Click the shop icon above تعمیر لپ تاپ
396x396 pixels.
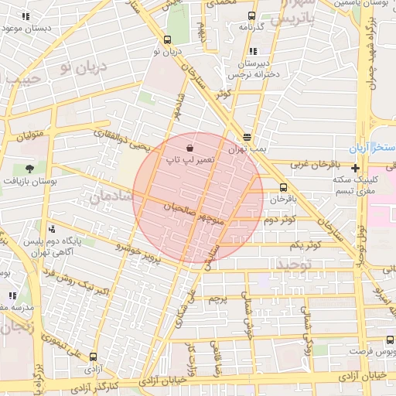pos(190,147)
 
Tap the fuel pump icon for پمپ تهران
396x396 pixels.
pos(247,134)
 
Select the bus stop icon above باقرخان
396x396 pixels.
pos(282,186)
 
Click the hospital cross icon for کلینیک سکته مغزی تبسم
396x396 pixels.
pos(355,168)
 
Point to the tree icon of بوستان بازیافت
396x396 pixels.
pos(29,168)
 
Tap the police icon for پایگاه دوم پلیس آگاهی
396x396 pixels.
pos(52,229)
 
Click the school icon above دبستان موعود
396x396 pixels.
pos(26,15)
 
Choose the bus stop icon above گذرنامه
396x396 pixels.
pos(251,15)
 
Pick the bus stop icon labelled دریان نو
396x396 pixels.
pos(167,39)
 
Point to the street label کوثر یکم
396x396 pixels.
pos(306,245)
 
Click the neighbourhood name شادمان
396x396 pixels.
pos(112,197)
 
